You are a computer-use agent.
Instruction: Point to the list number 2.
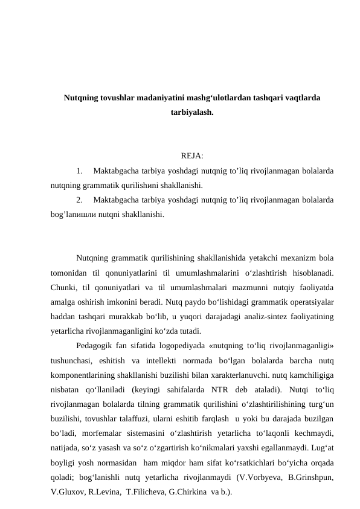[x=80, y=200]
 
